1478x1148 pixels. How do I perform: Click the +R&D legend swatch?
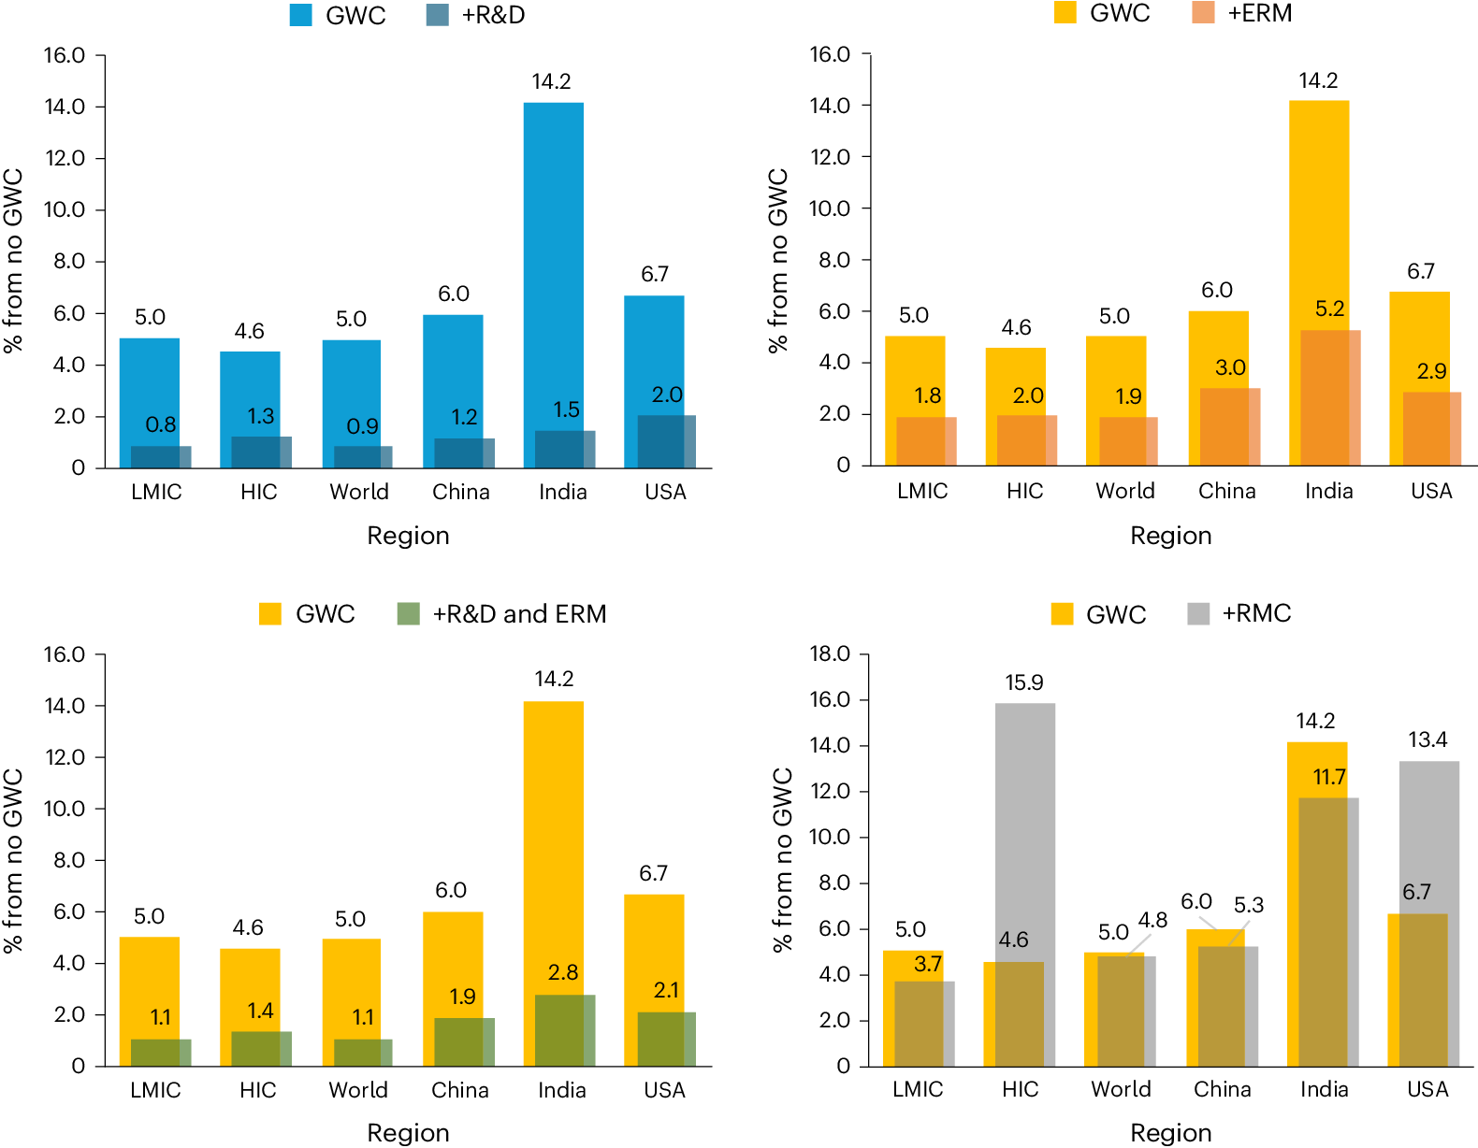click(x=437, y=15)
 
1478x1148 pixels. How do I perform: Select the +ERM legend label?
click(x=1259, y=13)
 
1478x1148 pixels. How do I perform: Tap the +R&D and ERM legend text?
click(x=519, y=614)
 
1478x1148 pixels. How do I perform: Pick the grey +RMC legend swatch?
click(x=1198, y=614)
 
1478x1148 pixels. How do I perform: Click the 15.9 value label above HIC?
click(x=1024, y=682)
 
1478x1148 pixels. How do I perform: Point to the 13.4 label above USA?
click(x=1427, y=740)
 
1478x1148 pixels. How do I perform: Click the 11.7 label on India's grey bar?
click(x=1329, y=777)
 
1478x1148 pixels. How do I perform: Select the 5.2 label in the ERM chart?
click(x=1329, y=309)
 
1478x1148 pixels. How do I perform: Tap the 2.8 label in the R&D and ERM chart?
click(x=563, y=973)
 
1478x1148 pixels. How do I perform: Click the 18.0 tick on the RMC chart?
click(x=830, y=653)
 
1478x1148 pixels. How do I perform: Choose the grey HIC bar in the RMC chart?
click(x=1025, y=823)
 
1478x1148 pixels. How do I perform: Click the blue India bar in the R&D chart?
click(x=553, y=262)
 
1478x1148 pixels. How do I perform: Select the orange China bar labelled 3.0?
click(x=1230, y=426)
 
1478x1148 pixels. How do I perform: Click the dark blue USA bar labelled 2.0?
click(x=666, y=441)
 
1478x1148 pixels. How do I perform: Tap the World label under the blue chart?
click(x=359, y=492)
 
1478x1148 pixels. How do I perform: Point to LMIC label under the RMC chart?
click(x=918, y=1089)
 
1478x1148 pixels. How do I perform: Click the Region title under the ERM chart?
click(x=1170, y=536)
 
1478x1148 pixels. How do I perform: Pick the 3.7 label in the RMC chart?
click(x=928, y=964)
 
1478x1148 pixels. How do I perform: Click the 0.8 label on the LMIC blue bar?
click(x=161, y=425)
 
